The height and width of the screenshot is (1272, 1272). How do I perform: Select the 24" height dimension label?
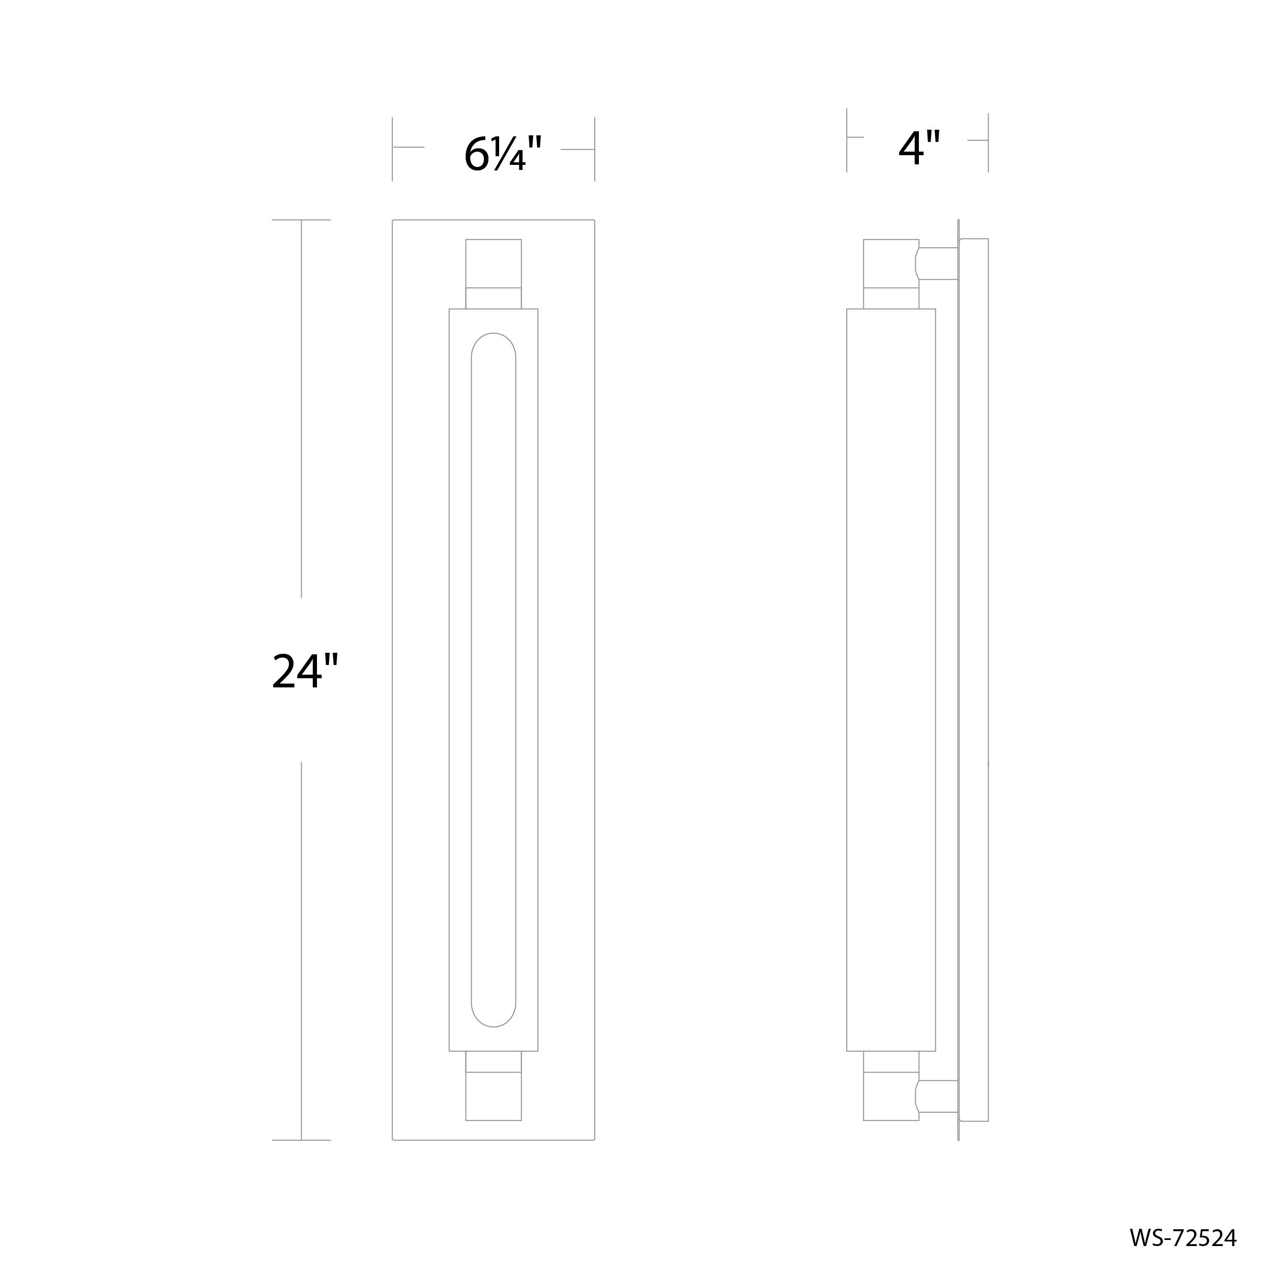pos(305,671)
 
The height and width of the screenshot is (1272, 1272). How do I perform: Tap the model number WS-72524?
pos(1183,1238)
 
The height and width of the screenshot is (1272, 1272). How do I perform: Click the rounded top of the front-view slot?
pos(493,334)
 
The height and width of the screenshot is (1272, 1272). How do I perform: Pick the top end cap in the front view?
pos(493,264)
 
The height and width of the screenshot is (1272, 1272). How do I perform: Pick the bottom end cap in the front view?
pos(493,1096)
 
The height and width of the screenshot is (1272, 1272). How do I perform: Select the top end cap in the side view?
pos(891,264)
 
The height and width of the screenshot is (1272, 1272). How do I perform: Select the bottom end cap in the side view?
pos(891,1096)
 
